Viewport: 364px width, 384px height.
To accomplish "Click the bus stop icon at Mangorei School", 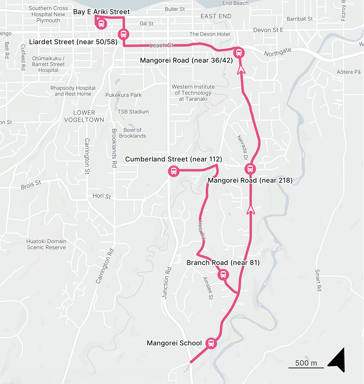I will click(211, 343).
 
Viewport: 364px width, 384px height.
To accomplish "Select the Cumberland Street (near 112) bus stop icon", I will click(174, 171).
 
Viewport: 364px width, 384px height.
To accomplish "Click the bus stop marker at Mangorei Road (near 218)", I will click(250, 169).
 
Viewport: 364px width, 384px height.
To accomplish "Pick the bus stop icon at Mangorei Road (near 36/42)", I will click(239, 53).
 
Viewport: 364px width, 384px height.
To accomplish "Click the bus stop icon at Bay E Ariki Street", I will click(101, 24).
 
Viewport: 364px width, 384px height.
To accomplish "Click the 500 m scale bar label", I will click(306, 363).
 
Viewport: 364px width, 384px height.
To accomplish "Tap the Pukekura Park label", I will click(123, 95).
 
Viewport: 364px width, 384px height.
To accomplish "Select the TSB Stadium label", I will click(133, 112).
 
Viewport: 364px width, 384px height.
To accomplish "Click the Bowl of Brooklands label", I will click(132, 133).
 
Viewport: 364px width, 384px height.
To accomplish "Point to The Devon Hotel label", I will click(209, 34).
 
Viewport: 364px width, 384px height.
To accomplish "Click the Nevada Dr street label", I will click(242, 148).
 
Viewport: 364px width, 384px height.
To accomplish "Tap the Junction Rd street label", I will click(167, 283).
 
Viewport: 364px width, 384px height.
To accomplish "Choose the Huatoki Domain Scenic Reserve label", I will click(46, 244).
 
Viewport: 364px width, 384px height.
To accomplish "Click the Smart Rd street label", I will click(318, 280).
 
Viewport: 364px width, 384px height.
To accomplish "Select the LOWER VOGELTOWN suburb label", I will click(84, 116).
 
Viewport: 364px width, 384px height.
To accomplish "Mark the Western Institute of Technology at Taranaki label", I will click(193, 93).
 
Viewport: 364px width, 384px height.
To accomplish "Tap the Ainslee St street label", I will click(208, 288).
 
